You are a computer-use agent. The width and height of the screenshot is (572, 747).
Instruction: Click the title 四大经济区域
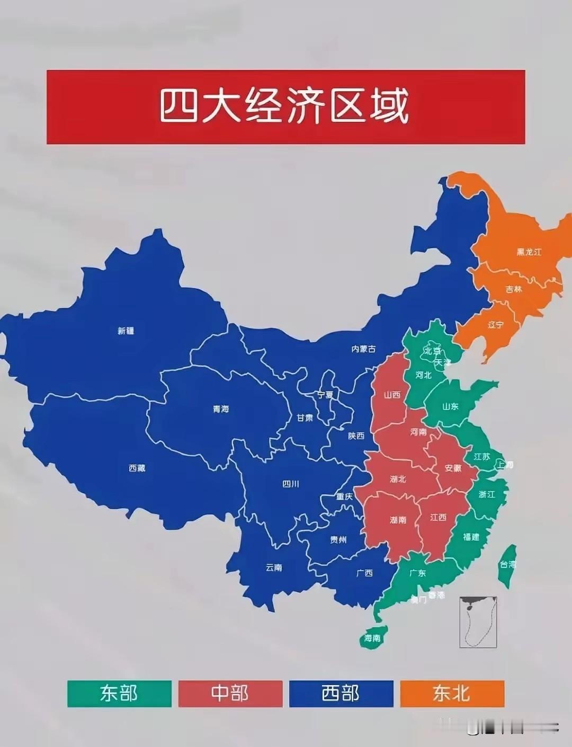click(x=285, y=107)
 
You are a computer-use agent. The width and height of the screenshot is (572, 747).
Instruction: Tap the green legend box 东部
click(x=119, y=693)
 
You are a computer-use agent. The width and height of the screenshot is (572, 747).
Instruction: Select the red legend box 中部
click(x=230, y=693)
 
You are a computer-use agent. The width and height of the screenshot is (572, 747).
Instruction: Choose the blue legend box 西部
click(x=341, y=693)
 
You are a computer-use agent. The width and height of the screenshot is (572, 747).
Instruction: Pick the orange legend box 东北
click(x=452, y=693)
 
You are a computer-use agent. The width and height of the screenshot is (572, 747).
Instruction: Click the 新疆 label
click(x=126, y=331)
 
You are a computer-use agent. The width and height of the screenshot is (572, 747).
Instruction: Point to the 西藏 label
click(x=137, y=468)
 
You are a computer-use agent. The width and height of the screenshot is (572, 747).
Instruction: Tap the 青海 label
click(x=221, y=409)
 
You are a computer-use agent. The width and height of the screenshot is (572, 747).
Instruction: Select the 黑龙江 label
click(x=529, y=252)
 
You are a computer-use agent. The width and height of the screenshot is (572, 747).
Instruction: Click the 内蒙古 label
click(x=364, y=349)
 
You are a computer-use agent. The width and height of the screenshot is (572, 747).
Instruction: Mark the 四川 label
click(x=290, y=484)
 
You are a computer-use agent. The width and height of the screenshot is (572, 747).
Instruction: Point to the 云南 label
click(x=274, y=567)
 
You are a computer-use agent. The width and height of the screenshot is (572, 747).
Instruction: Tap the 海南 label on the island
click(x=372, y=638)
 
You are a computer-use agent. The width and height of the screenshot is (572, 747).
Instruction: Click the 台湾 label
click(x=507, y=564)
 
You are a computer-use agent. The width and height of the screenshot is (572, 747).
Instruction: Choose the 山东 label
click(x=450, y=407)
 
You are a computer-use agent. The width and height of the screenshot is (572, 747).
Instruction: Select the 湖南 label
click(x=398, y=520)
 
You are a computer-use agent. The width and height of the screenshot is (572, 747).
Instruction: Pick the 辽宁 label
click(x=496, y=325)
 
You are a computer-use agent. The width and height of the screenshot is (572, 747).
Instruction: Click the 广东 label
click(x=418, y=573)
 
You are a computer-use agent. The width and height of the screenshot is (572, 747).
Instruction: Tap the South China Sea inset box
click(x=478, y=622)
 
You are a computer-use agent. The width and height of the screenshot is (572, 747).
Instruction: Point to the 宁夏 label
click(x=325, y=395)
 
